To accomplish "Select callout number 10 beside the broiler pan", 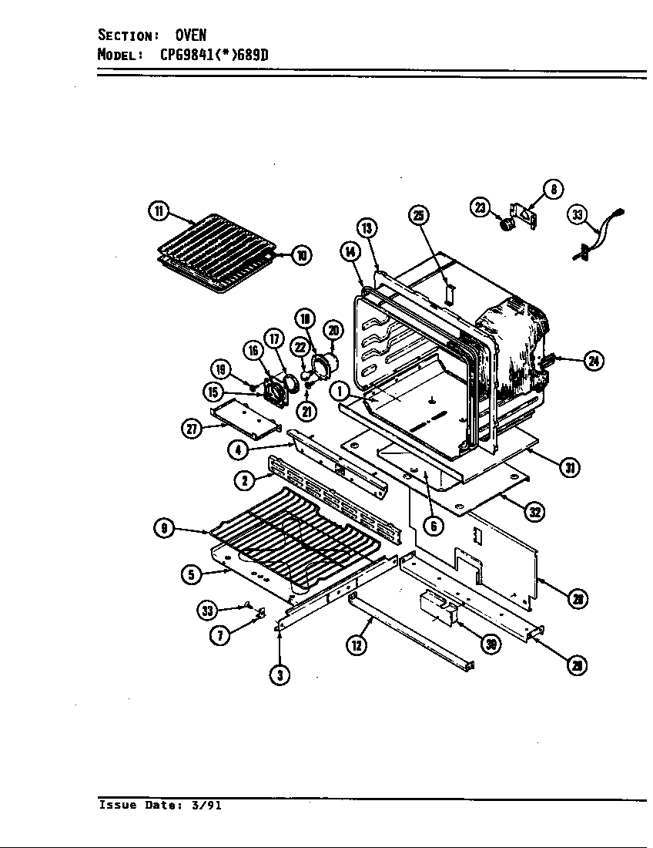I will click(301, 255).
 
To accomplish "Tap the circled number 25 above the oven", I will click(418, 215).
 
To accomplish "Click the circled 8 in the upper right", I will click(553, 189).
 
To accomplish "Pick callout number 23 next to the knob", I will click(481, 207).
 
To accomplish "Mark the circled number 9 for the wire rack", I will click(164, 529).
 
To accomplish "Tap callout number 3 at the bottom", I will click(280, 675).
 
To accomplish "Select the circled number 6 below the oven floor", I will click(434, 526).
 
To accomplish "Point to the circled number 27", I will click(192, 429).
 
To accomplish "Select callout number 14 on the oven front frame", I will click(350, 252).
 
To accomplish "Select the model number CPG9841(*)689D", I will click(215, 55).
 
